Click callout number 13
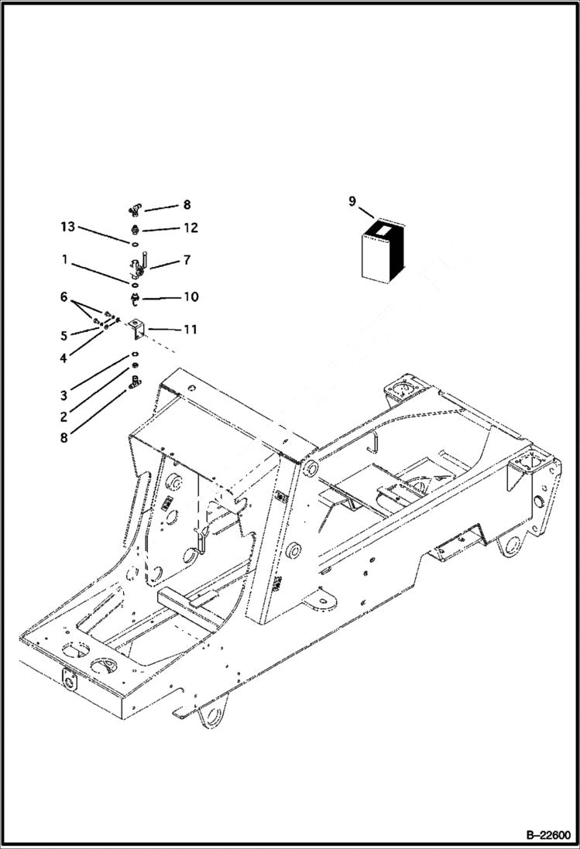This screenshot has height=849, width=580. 68,227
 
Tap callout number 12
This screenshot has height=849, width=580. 190,228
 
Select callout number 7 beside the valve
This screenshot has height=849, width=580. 187,261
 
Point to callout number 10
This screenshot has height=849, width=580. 190,297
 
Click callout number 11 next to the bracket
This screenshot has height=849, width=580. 189,330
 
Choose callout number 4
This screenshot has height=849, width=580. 64,358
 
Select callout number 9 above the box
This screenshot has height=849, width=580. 352,202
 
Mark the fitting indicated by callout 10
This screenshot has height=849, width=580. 136,297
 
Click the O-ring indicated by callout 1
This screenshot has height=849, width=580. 135,284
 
